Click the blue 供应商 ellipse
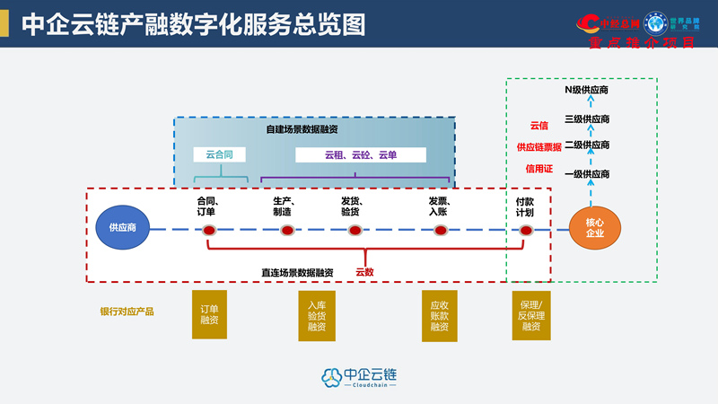click(x=122, y=228)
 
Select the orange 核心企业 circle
click(x=594, y=228)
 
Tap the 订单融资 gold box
click(x=209, y=314)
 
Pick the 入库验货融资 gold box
click(x=317, y=314)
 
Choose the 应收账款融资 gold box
click(x=440, y=314)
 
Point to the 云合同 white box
click(x=219, y=155)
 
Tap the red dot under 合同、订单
click(x=209, y=231)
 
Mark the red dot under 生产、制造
click(x=287, y=231)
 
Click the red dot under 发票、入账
click(x=440, y=231)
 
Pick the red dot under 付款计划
click(x=526, y=231)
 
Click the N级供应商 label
click(x=587, y=91)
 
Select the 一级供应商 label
click(x=587, y=174)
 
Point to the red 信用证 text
click(x=538, y=168)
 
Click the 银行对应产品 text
click(x=127, y=312)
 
